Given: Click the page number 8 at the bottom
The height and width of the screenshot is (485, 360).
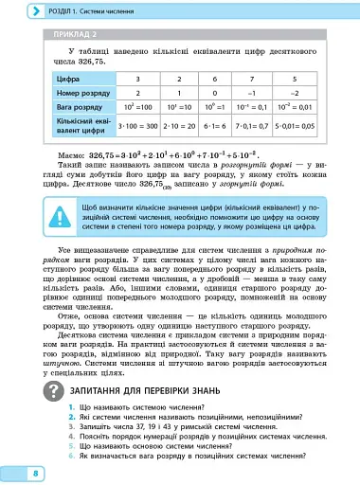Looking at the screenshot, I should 34,471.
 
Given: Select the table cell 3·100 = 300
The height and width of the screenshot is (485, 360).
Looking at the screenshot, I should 139,129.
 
